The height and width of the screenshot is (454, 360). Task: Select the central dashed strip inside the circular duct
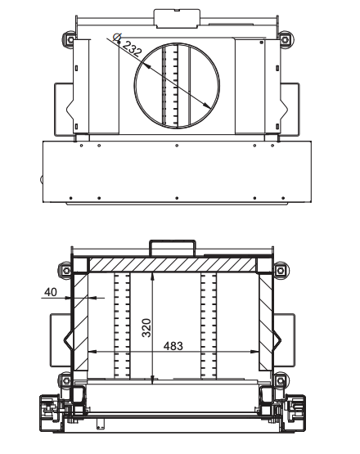(x=172, y=86)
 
